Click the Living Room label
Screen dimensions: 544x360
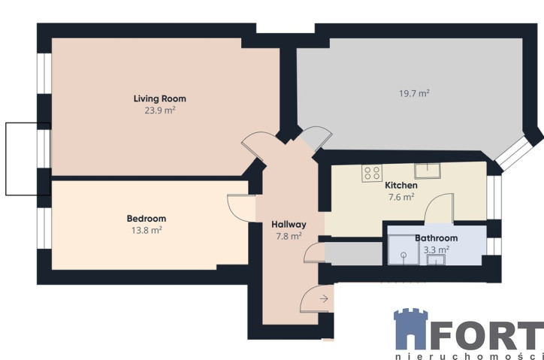click(160, 98)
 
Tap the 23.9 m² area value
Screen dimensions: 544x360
click(160, 110)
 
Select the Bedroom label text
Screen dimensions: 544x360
click(147, 219)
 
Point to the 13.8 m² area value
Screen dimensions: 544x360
click(147, 230)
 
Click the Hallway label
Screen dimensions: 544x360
click(289, 225)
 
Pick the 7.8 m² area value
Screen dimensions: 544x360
click(289, 237)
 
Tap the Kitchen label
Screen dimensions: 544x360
click(401, 186)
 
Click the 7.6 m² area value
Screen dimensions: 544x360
click(401, 197)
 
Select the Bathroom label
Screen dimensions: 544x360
click(436, 238)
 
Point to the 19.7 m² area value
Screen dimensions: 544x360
click(414, 93)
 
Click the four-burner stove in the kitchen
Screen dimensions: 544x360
click(372, 173)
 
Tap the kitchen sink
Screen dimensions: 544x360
click(428, 171)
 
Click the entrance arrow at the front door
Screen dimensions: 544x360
click(324, 298)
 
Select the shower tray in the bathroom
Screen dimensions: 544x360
click(403, 250)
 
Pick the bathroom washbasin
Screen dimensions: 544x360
click(436, 260)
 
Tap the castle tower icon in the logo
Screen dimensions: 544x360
click(411, 328)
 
